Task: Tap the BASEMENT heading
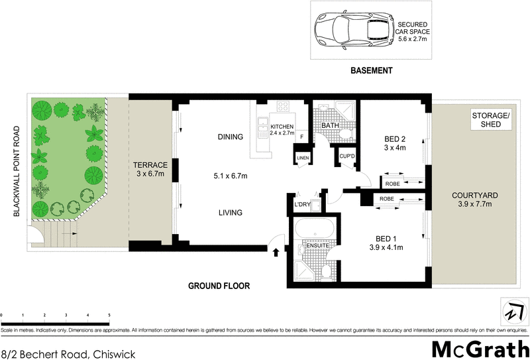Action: [x=372, y=70]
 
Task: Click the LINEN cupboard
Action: [x=303, y=156]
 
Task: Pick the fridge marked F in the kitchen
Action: [x=302, y=137]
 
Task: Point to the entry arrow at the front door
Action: [x=276, y=251]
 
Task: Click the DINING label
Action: [x=231, y=137]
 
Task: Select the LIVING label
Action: [x=231, y=213]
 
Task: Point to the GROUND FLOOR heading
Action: [x=217, y=286]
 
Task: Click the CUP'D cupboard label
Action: [x=347, y=156]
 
